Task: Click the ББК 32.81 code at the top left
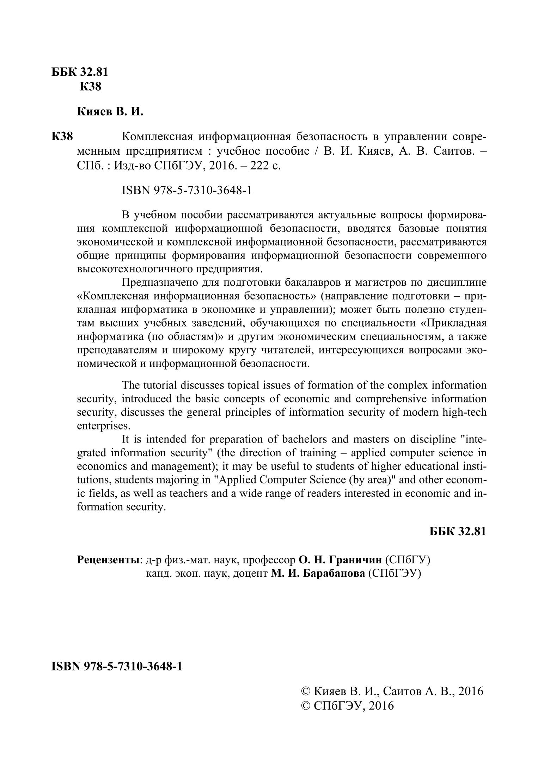tap(80, 72)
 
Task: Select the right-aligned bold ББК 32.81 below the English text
tap(458, 531)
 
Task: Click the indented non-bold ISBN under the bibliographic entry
tap(187, 191)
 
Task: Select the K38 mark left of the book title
tap(62, 136)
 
